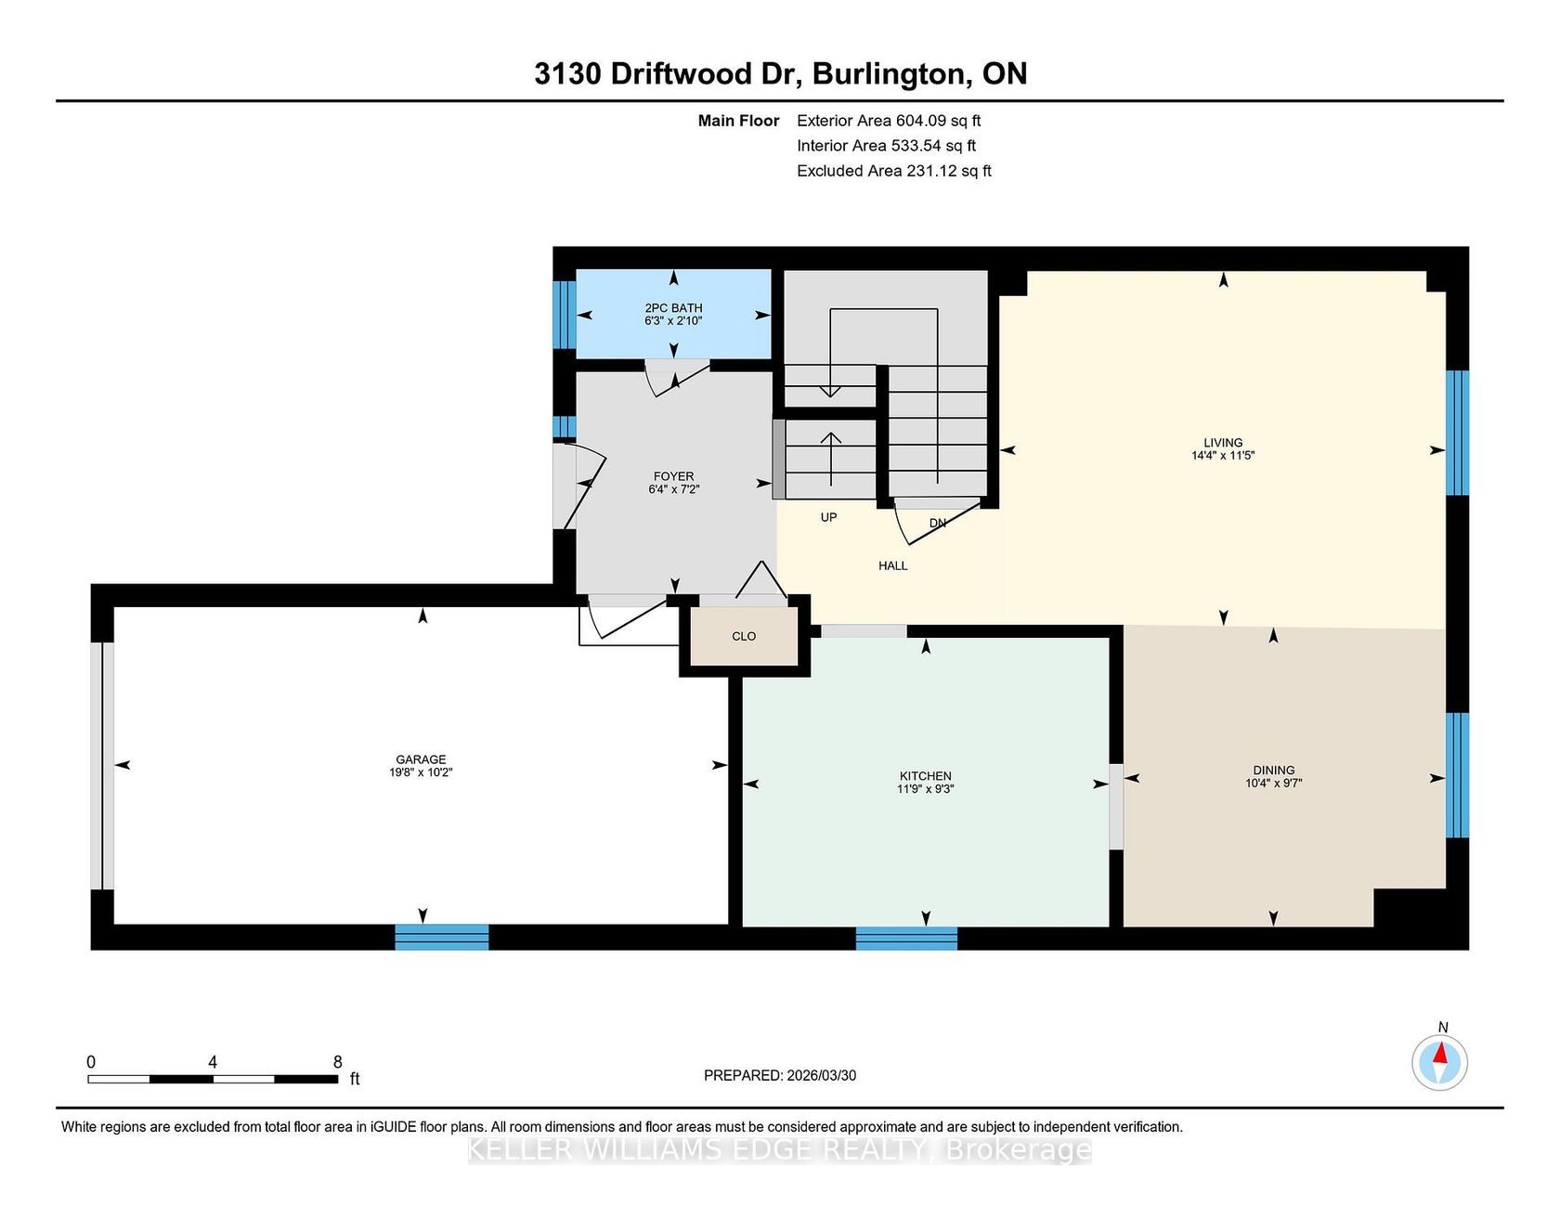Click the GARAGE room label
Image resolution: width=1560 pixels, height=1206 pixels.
click(421, 759)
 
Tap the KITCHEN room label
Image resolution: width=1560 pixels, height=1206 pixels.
click(926, 776)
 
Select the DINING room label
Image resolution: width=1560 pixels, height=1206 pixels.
click(1274, 771)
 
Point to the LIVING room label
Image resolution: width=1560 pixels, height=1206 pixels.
click(1223, 443)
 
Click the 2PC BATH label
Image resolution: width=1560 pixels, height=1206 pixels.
click(674, 308)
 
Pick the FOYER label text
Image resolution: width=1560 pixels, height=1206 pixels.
click(674, 476)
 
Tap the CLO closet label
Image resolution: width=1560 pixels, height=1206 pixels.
click(744, 637)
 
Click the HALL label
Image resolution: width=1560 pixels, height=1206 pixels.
click(893, 565)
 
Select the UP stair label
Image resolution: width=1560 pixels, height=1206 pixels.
click(828, 517)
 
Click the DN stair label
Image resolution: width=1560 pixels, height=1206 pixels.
click(938, 523)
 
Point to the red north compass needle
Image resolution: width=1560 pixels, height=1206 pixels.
click(1441, 1054)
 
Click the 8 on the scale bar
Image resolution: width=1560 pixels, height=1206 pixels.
click(337, 1062)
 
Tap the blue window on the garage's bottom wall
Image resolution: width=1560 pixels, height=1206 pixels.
click(442, 937)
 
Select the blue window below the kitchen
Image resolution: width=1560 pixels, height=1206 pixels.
click(906, 938)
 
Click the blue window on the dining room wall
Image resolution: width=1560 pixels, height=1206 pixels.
click(1458, 775)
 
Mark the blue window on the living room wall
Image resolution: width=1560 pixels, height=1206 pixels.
click(1458, 433)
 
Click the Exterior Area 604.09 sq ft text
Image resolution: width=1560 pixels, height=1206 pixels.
click(889, 121)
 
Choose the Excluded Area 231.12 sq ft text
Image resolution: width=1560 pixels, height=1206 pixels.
click(894, 171)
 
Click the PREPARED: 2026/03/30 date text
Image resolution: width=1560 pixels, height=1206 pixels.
click(780, 1075)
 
